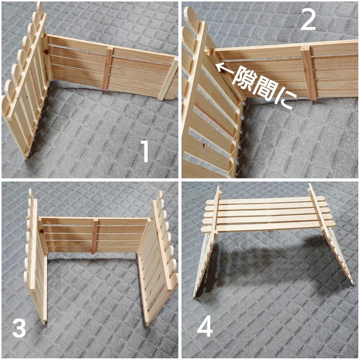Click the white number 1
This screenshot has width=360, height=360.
coord(145,151)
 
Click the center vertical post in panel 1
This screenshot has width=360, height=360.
coord(107,68)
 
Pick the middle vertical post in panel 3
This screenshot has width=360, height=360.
coord(94,237)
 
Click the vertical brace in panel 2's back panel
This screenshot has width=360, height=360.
coord(309,73)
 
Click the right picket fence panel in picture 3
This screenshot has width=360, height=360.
coord(158,257)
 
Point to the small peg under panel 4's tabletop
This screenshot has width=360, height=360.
coord(271,230)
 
